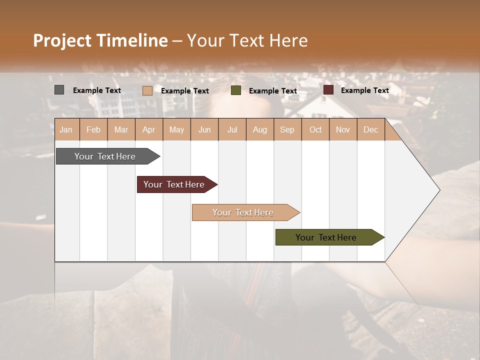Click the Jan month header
tap(66, 130)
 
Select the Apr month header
tap(149, 130)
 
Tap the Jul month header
tap(232, 130)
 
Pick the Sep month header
tap(287, 130)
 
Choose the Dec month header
tap(370, 130)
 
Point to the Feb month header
tap(93, 130)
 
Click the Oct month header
tap(315, 130)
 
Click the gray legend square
tap(59, 90)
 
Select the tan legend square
tap(147, 90)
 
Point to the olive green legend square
tap(236, 90)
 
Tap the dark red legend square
tap(328, 90)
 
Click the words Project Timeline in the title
tap(100, 40)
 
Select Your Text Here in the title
tap(247, 40)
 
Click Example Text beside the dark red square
tap(364, 90)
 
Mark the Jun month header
tap(204, 130)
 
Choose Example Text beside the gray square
tap(97, 90)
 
